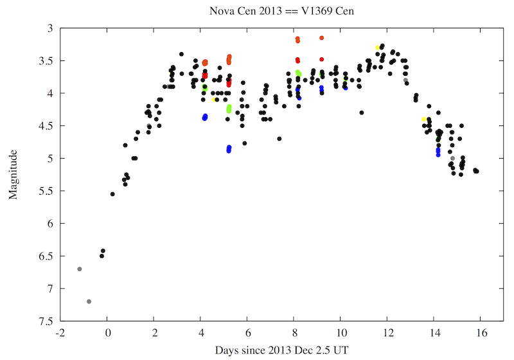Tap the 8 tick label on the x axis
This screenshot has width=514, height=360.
pyautogui.click(x=294, y=332)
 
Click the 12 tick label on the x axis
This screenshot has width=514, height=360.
pyautogui.click(x=387, y=332)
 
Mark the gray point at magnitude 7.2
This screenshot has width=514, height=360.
pyautogui.click(x=89, y=301)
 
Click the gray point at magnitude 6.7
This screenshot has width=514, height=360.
pyautogui.click(x=80, y=269)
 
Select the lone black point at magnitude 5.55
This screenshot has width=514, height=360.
pyautogui.click(x=112, y=194)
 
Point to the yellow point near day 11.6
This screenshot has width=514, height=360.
pyautogui.click(x=378, y=48)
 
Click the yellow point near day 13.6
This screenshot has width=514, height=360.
pyautogui.click(x=424, y=120)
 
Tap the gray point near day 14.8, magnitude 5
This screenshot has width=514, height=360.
pyautogui.click(x=452, y=158)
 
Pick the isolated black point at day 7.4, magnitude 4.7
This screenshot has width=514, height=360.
pyautogui.click(x=279, y=139)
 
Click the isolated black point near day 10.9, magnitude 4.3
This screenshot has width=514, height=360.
pyautogui.click(x=362, y=113)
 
